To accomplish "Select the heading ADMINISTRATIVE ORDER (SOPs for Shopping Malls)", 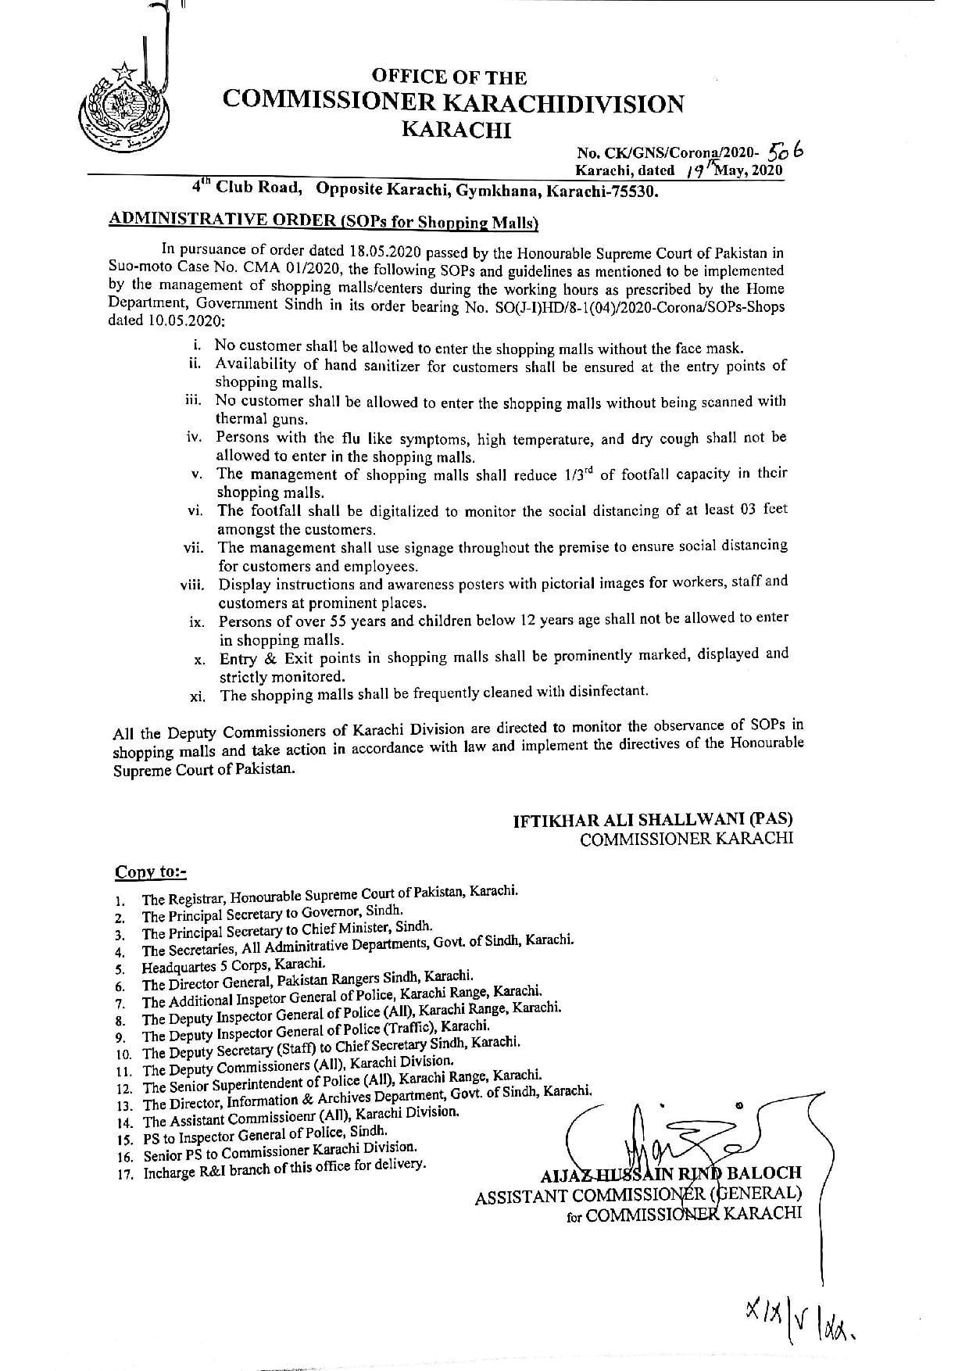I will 324,221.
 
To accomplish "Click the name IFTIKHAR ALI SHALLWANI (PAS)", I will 653,820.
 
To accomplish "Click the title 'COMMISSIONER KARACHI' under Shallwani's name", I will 686,839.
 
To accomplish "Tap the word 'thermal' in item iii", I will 242,419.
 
